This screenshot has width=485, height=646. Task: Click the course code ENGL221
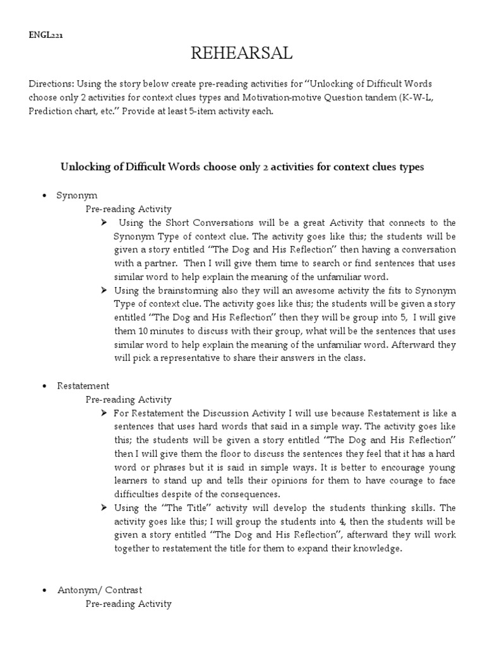pos(45,35)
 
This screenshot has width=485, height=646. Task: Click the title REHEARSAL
pos(242,54)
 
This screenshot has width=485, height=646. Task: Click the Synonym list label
pos(76,196)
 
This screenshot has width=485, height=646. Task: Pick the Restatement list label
pos(83,385)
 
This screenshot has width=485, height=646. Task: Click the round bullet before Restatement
pos(43,386)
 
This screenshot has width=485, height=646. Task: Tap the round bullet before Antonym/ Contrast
pos(43,590)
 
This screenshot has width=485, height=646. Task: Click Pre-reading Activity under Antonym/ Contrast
pos(128,604)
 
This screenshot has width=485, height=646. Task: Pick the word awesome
pos(306,290)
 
